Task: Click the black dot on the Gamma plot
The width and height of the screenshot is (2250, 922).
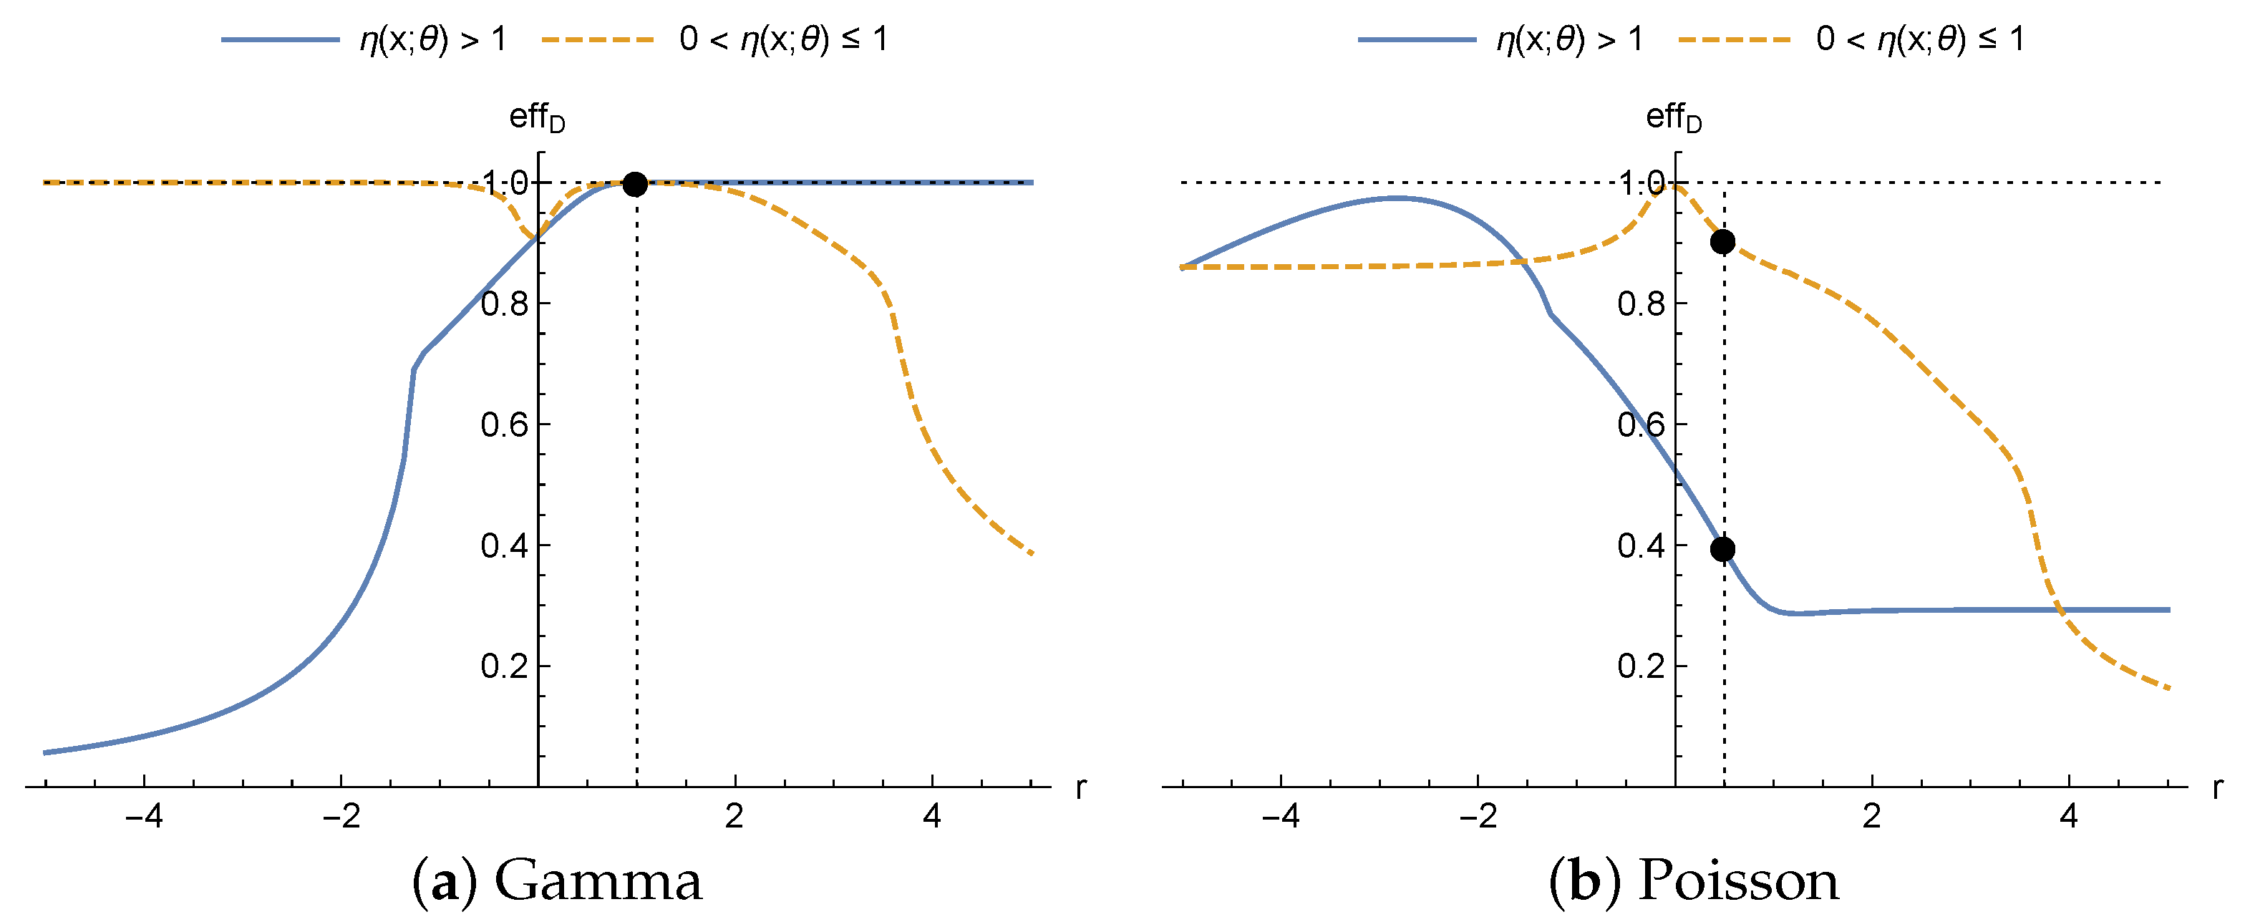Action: (x=635, y=184)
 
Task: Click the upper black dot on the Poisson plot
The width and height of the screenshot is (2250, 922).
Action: (x=1722, y=242)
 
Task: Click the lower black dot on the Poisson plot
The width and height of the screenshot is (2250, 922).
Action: (x=1722, y=549)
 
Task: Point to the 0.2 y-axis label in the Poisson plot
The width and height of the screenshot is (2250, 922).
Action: (x=1640, y=666)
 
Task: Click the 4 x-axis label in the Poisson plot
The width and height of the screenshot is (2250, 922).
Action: (x=2068, y=816)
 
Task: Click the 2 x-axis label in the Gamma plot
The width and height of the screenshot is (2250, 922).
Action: (x=734, y=816)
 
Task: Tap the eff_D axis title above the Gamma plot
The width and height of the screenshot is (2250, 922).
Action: (x=536, y=117)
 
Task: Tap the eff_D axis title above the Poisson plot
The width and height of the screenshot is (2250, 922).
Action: (x=1673, y=117)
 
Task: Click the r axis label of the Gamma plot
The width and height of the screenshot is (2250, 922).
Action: (x=1080, y=787)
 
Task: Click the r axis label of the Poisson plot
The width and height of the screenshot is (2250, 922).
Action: (x=2217, y=787)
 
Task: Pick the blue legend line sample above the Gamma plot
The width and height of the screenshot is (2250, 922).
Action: (x=279, y=40)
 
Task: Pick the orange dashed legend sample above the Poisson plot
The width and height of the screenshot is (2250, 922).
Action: (x=1734, y=40)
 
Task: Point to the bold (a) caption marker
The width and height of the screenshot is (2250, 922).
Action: (x=445, y=882)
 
